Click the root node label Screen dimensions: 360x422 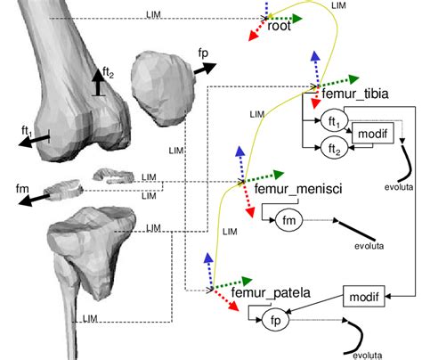(279, 26)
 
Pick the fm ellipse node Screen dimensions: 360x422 (288, 218)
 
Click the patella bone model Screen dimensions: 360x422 (162, 88)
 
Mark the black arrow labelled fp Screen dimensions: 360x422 (202, 69)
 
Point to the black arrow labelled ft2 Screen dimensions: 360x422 (100, 82)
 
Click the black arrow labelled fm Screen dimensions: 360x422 (40, 200)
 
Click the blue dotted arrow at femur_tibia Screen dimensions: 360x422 (314, 68)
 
